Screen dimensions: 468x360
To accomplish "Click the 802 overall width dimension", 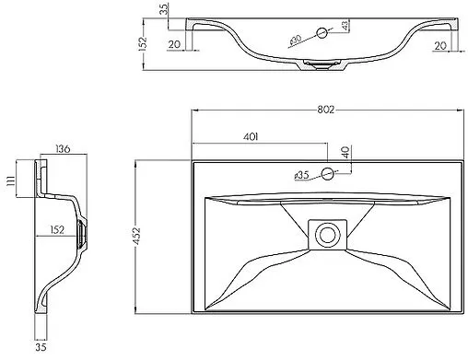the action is (x=325, y=110).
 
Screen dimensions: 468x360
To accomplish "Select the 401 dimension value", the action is (x=251, y=137).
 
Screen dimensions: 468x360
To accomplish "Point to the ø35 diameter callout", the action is (x=301, y=176).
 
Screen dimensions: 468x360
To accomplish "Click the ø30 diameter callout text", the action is (x=295, y=41).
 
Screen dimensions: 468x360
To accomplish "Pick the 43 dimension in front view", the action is (x=345, y=26).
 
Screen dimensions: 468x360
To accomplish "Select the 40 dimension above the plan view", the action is (x=345, y=152).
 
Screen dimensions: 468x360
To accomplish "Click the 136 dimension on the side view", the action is (x=63, y=149).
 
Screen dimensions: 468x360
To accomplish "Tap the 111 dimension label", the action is (x=11, y=180).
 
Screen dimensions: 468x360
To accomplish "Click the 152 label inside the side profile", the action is (x=57, y=229).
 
